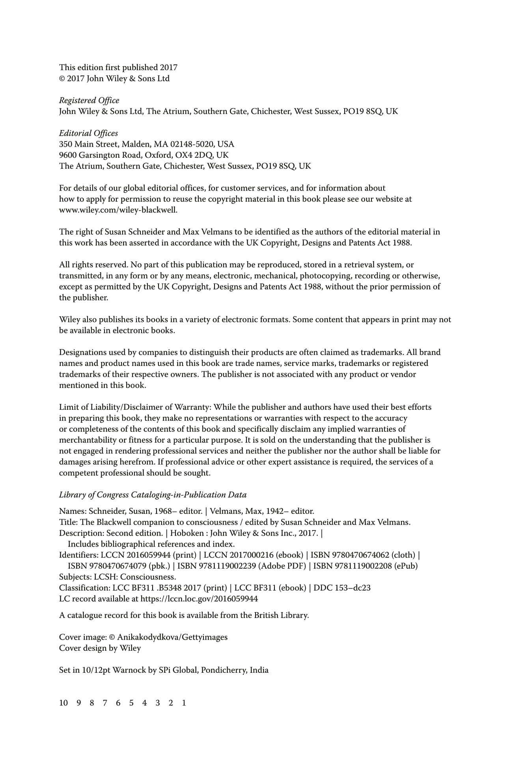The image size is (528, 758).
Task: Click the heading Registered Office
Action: click(x=89, y=101)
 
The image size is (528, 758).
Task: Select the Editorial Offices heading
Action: click(x=88, y=133)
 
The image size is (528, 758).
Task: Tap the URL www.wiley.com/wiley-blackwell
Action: click(x=118, y=210)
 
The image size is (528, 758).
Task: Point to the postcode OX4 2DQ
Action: click(x=191, y=155)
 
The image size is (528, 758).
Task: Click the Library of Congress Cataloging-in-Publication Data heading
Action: click(x=153, y=495)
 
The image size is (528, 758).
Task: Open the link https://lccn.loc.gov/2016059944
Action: click(x=199, y=599)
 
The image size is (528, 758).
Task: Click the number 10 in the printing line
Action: click(x=63, y=703)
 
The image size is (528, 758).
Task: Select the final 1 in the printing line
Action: click(x=184, y=703)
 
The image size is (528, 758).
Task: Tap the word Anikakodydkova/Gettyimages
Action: click(x=172, y=637)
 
